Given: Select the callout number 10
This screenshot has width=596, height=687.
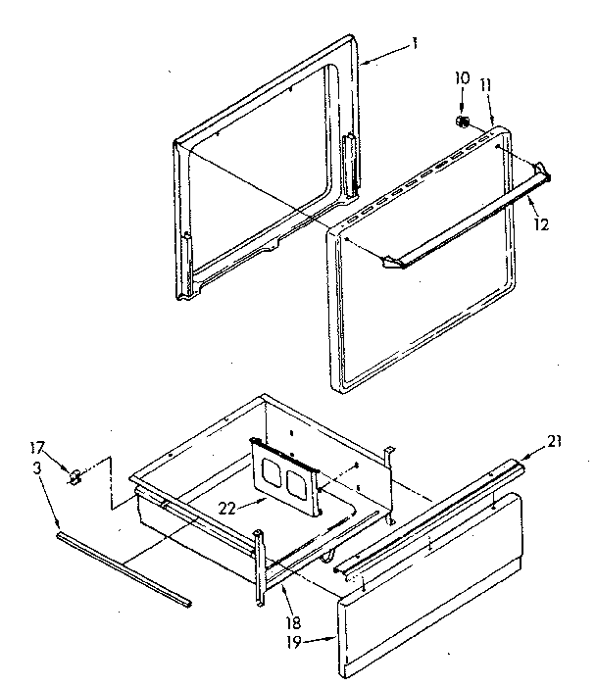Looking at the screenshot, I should point(463,77).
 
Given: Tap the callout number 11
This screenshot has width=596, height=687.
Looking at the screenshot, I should point(485,85).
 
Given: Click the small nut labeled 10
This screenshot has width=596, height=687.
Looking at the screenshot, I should point(461,121).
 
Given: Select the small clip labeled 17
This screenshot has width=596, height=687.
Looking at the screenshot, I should point(74,477).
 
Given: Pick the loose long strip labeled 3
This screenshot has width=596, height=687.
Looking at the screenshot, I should point(123,567).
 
